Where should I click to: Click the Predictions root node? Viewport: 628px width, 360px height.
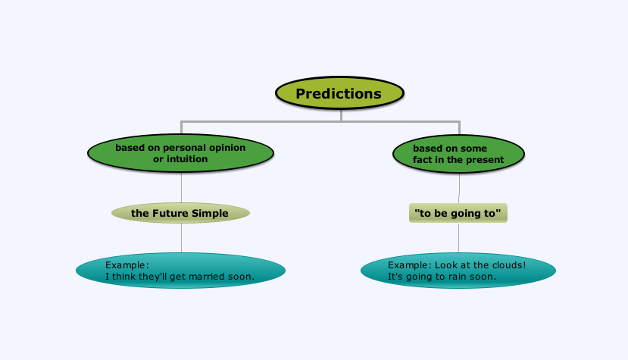point(339,93)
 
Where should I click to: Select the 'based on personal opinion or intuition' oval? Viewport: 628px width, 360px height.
point(180,153)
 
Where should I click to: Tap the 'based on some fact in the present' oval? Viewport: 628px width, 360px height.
point(458,154)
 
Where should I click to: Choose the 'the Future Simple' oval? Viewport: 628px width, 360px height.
point(180,213)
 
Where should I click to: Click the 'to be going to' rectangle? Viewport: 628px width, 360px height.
point(458,213)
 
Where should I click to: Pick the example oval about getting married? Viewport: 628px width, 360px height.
point(180,271)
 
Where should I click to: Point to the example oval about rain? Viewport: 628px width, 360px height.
point(458,271)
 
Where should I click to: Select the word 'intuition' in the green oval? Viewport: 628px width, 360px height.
point(186,159)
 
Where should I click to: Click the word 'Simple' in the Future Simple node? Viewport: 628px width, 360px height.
point(210,213)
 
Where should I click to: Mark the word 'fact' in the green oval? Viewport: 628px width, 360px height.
point(420,160)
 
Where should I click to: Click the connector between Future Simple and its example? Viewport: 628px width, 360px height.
point(182,238)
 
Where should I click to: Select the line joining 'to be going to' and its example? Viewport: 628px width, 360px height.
point(458,237)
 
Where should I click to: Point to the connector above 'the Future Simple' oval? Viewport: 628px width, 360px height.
point(182,188)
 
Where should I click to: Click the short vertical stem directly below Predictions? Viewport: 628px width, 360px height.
point(341,115)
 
